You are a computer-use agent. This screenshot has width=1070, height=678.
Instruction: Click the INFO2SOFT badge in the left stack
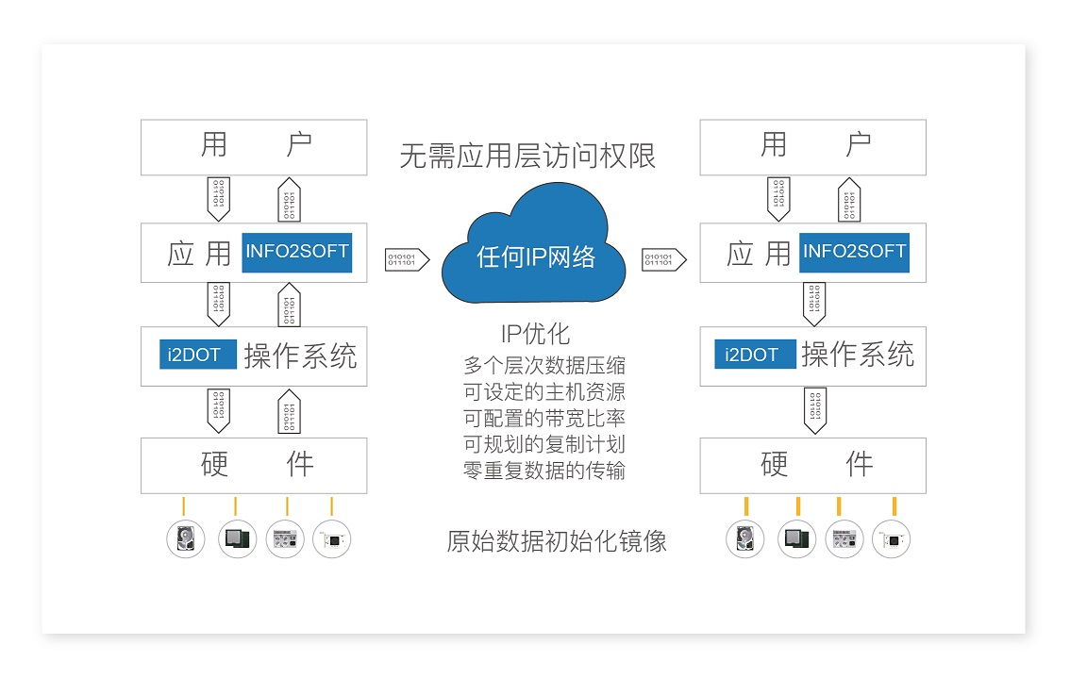point(296,252)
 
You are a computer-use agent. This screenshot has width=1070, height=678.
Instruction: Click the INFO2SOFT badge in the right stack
point(854,252)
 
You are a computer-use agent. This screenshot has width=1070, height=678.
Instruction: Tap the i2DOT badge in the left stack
point(197,355)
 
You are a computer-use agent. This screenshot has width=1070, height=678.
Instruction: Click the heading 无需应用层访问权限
point(527,156)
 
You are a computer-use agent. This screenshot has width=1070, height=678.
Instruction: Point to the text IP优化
point(535,334)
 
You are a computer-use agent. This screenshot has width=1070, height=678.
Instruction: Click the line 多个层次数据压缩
point(543,365)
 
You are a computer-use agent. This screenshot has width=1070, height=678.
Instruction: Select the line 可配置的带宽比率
point(543,418)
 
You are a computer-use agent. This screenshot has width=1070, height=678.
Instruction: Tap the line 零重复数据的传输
point(543,471)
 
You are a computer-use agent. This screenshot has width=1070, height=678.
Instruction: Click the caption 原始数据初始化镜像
point(557,541)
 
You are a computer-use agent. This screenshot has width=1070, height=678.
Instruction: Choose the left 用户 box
point(254,147)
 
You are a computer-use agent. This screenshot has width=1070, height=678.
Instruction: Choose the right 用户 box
point(812,147)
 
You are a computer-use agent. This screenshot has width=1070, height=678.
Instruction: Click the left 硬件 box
point(254,465)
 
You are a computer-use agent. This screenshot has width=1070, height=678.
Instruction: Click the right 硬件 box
point(812,465)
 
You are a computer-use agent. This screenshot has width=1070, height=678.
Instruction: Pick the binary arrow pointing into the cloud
point(408,259)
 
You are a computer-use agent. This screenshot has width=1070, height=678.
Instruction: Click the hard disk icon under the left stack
point(186,539)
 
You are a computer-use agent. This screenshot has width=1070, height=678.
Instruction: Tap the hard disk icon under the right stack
point(744,539)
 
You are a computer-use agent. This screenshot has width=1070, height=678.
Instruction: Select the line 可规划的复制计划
point(543,444)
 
